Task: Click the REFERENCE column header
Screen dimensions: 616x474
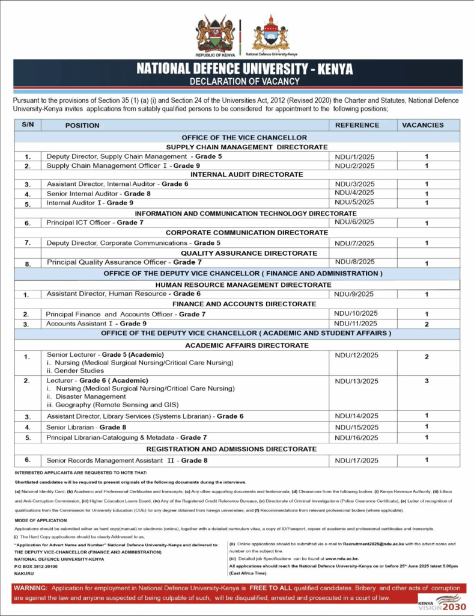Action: click(x=357, y=125)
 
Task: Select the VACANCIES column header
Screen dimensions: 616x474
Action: click(x=422, y=125)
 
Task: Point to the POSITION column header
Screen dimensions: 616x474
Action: click(x=82, y=126)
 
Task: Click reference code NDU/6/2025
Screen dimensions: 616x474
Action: click(x=354, y=222)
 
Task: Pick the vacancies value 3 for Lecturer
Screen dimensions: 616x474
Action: click(x=427, y=381)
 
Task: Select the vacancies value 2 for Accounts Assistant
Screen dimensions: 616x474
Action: click(x=427, y=324)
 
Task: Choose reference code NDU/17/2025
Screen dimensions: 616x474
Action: click(x=356, y=461)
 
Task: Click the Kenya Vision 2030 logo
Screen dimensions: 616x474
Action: click(x=442, y=602)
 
